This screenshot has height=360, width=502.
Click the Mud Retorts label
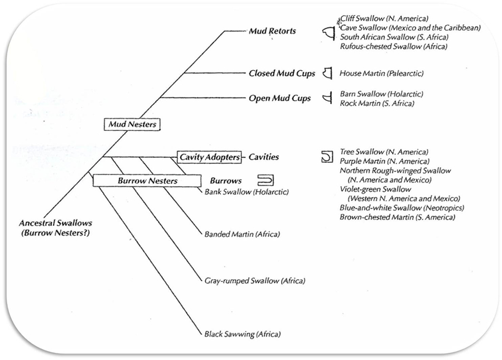tap(272, 31)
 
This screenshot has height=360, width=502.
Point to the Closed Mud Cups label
tap(282, 73)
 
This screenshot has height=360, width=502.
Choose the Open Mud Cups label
tap(279, 99)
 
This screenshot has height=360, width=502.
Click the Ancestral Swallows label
tap(55, 228)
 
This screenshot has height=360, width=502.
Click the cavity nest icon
tap(326, 157)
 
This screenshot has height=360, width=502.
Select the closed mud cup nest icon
tap(328, 73)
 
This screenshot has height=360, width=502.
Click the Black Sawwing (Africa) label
tap(242, 334)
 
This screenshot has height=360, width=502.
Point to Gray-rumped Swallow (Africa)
tap(255, 281)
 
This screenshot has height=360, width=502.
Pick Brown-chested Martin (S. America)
tap(397, 217)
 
